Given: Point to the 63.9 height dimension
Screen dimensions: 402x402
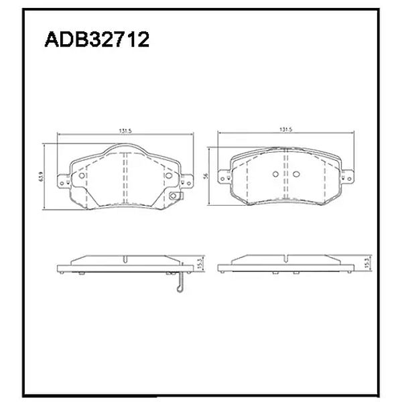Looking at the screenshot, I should click(42, 177).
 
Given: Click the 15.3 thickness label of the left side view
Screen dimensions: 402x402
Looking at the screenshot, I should click(199, 264).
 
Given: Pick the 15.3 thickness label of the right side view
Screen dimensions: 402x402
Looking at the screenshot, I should click(366, 264).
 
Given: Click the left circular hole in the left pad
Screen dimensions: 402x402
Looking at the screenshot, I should click(82, 176).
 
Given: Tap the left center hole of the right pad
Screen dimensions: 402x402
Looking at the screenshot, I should click(276, 175).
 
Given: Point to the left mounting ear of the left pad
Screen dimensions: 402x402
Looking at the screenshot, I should click(64, 180).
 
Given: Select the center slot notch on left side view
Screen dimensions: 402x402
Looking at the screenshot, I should click(125, 259).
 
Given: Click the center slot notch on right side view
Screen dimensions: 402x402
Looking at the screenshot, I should click(286, 259).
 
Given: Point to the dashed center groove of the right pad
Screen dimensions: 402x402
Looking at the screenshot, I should click(286, 176).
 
